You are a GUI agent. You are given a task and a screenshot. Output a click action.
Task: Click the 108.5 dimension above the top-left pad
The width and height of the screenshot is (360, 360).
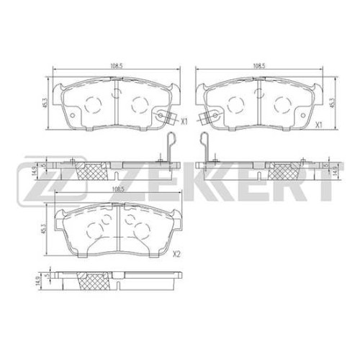pyautogui.click(x=117, y=66)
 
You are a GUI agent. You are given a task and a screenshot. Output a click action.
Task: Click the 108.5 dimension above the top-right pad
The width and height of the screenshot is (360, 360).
pyautogui.click(x=258, y=66)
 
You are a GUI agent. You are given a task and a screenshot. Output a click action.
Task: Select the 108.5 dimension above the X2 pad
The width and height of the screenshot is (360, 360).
pyautogui.click(x=117, y=189)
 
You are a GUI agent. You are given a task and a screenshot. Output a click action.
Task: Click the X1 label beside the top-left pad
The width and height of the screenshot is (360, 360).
pyautogui.click(x=184, y=122)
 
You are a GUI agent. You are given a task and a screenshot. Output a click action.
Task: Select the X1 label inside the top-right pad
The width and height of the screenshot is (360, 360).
pyautogui.click(x=318, y=125)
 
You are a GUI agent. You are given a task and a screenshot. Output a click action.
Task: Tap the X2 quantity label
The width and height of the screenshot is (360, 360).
pyautogui.click(x=176, y=254)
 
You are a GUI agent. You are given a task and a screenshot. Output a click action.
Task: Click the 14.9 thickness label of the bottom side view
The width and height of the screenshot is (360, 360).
pyautogui.click(x=37, y=281)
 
